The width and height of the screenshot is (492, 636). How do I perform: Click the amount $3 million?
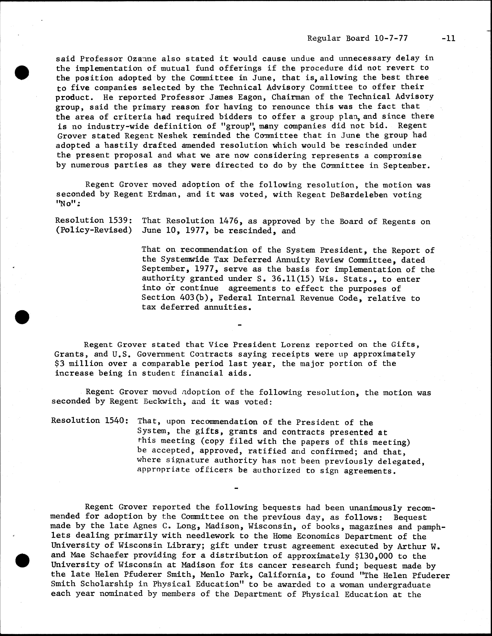point(79,364)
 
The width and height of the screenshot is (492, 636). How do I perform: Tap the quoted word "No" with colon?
point(68,204)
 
